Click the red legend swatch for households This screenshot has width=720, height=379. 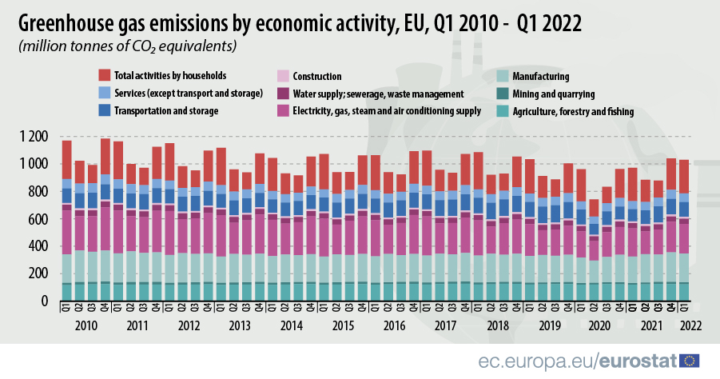105,75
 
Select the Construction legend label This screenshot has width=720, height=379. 317,77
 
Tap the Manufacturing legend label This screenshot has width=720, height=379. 541,77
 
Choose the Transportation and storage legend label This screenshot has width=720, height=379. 167,111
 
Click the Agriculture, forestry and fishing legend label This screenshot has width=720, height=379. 573,111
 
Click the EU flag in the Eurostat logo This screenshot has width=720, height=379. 689,361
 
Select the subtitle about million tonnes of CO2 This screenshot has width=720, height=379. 127,46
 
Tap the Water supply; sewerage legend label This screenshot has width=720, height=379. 378,94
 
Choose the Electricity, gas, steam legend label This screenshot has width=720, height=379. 387,111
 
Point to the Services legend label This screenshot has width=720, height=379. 189,94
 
